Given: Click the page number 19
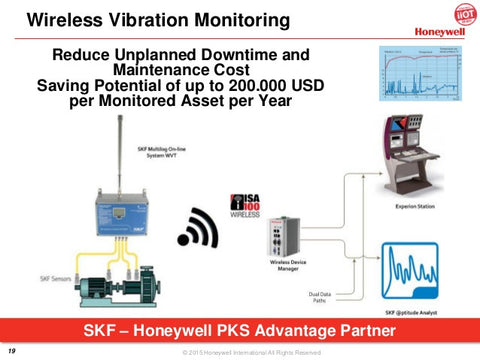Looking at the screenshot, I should point(12,349).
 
